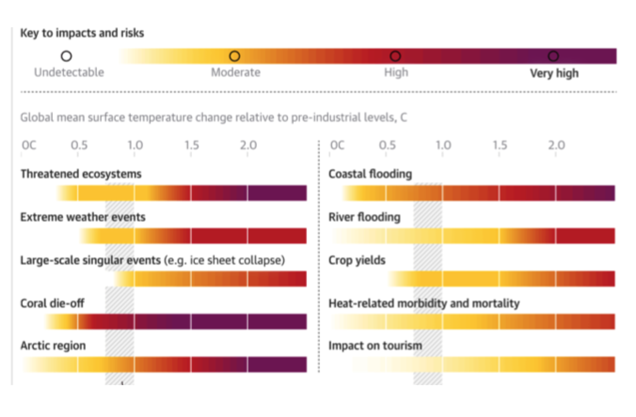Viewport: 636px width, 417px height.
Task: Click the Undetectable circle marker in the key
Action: click(x=66, y=56)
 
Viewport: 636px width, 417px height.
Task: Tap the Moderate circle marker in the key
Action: click(x=234, y=56)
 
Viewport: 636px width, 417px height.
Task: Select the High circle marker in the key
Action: click(x=395, y=56)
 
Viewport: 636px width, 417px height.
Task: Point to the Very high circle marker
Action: click(x=553, y=56)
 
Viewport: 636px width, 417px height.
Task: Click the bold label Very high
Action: click(x=554, y=73)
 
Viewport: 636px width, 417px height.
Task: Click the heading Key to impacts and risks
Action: click(x=82, y=33)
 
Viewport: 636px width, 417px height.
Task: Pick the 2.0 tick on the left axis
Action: click(x=248, y=146)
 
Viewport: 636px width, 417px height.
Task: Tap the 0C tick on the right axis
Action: click(x=337, y=146)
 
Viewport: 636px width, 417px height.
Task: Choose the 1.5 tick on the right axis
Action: click(x=500, y=146)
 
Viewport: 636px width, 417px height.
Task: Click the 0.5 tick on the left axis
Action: click(x=79, y=146)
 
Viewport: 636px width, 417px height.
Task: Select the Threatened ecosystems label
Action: click(x=81, y=174)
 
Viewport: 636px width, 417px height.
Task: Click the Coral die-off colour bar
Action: click(x=176, y=322)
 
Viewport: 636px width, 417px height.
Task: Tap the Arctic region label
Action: click(x=53, y=346)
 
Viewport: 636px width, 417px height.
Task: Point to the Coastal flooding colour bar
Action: click(x=478, y=193)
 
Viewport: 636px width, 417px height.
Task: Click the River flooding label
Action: click(x=365, y=217)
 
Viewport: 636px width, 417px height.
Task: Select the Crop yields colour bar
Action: click(x=501, y=279)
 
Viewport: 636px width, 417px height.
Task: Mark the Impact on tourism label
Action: click(x=375, y=346)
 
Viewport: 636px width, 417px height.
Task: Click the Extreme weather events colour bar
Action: click(x=193, y=236)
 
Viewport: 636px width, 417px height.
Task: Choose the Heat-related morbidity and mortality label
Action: click(x=424, y=303)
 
